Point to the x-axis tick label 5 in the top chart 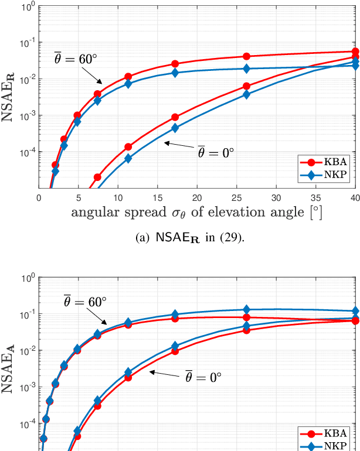tap(78, 197)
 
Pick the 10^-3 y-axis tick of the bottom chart tap(27, 387)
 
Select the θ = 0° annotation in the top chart tap(215, 152)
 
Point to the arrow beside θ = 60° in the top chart tap(92, 75)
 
